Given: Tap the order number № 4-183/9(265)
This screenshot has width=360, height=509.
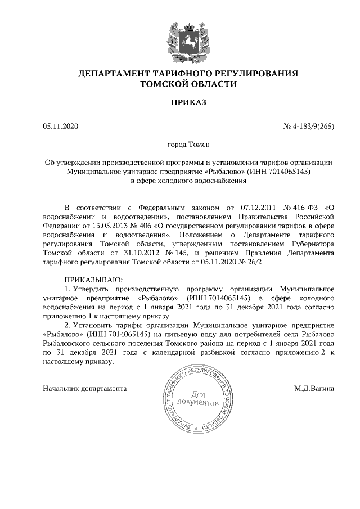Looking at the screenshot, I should click(309, 125).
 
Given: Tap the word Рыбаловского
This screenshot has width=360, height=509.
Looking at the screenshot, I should click(72, 343).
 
